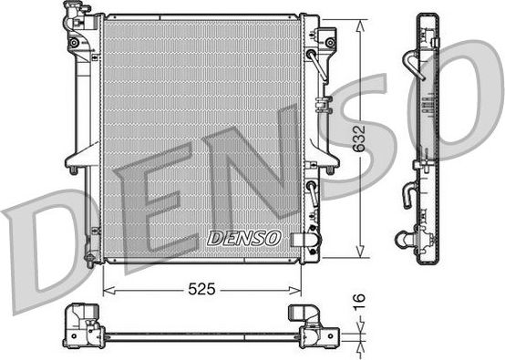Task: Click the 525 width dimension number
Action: pos(201,289)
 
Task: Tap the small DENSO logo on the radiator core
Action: pos(242,238)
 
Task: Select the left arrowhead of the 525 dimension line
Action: pos(107,289)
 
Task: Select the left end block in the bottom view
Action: pos(80,325)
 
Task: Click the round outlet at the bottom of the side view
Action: pos(403,241)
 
